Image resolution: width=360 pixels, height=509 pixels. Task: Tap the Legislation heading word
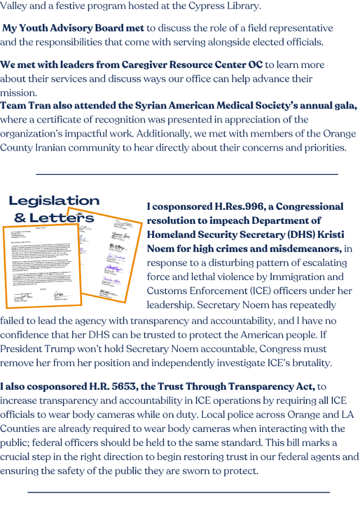[54, 201]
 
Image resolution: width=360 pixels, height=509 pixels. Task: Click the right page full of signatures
[113, 256]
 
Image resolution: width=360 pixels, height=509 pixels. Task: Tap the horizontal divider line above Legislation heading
[187, 174]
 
